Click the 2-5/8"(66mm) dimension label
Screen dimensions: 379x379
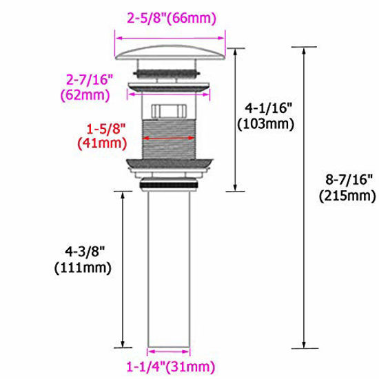click(172, 19)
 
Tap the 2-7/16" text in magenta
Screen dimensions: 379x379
click(90, 79)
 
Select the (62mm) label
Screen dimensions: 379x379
click(85, 95)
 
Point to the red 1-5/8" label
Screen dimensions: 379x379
click(106, 129)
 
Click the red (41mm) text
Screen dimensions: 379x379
click(102, 143)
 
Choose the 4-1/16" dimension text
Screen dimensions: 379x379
click(269, 107)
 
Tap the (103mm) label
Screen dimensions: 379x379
click(265, 124)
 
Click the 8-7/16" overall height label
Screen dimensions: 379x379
click(348, 180)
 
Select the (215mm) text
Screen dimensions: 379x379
click(347, 196)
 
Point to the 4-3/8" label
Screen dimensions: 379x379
click(85, 252)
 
